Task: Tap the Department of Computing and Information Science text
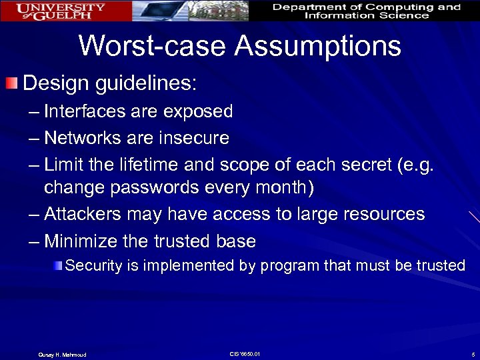click(366, 11)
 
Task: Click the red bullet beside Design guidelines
click(11, 84)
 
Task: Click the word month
click(275, 188)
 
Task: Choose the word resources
click(380, 214)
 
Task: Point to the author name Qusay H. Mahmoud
click(62, 354)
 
